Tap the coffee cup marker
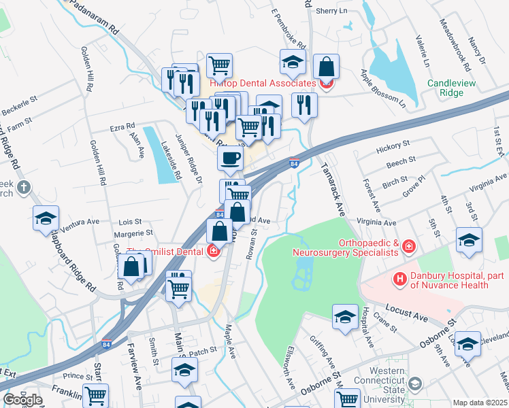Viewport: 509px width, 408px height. pos(231,158)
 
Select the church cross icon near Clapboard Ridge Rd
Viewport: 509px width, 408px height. pos(24,187)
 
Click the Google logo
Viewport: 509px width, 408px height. pos(22,400)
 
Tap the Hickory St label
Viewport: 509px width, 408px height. pos(395,144)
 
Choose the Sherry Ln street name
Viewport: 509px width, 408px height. pos(332,12)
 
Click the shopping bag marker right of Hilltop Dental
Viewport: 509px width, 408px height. pos(327,67)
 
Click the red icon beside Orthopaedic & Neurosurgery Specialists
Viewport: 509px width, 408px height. pos(408,245)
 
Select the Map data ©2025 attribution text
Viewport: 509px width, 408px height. pos(480,403)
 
